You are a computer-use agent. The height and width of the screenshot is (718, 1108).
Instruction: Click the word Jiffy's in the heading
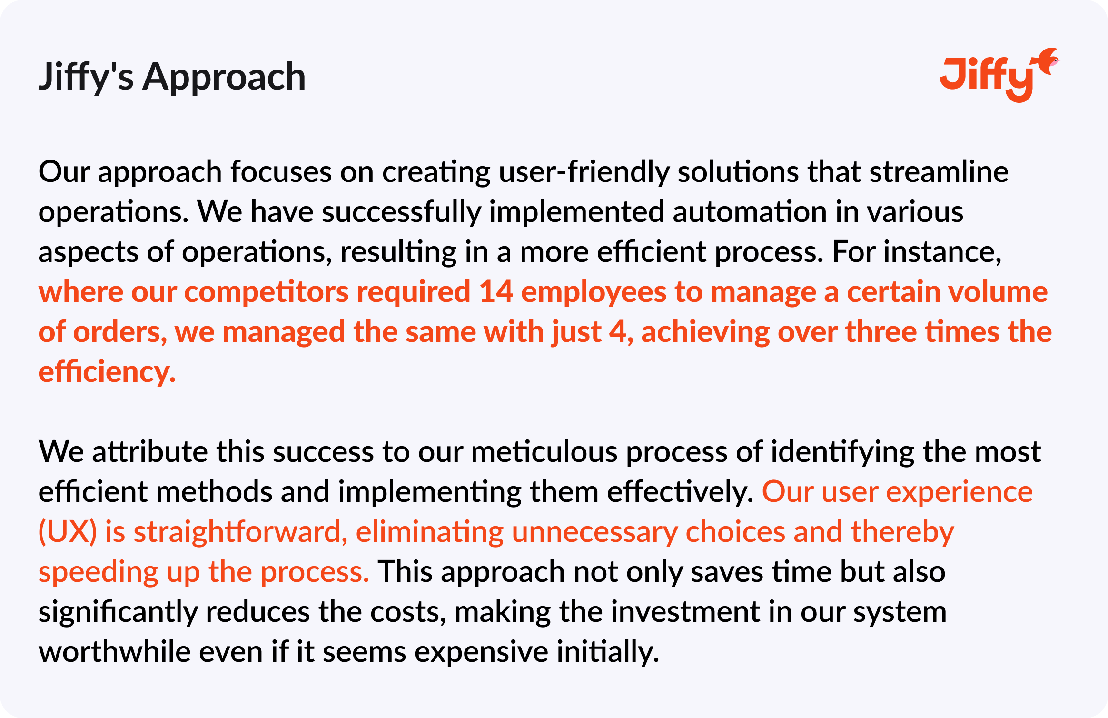point(86,77)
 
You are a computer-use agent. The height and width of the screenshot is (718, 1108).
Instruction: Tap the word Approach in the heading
point(224,77)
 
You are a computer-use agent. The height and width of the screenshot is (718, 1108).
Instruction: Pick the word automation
point(750,212)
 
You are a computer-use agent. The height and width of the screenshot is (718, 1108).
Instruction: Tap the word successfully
point(401,213)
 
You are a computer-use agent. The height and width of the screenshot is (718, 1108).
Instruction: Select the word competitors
point(267,293)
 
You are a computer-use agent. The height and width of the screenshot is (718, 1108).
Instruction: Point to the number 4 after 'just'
point(618,332)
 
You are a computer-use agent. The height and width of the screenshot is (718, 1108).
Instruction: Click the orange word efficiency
point(107,372)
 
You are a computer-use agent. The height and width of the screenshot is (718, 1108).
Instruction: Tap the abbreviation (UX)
point(68,532)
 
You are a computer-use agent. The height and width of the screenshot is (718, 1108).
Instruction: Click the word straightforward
point(240,532)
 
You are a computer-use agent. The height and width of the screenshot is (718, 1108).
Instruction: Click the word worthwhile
point(115,651)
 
